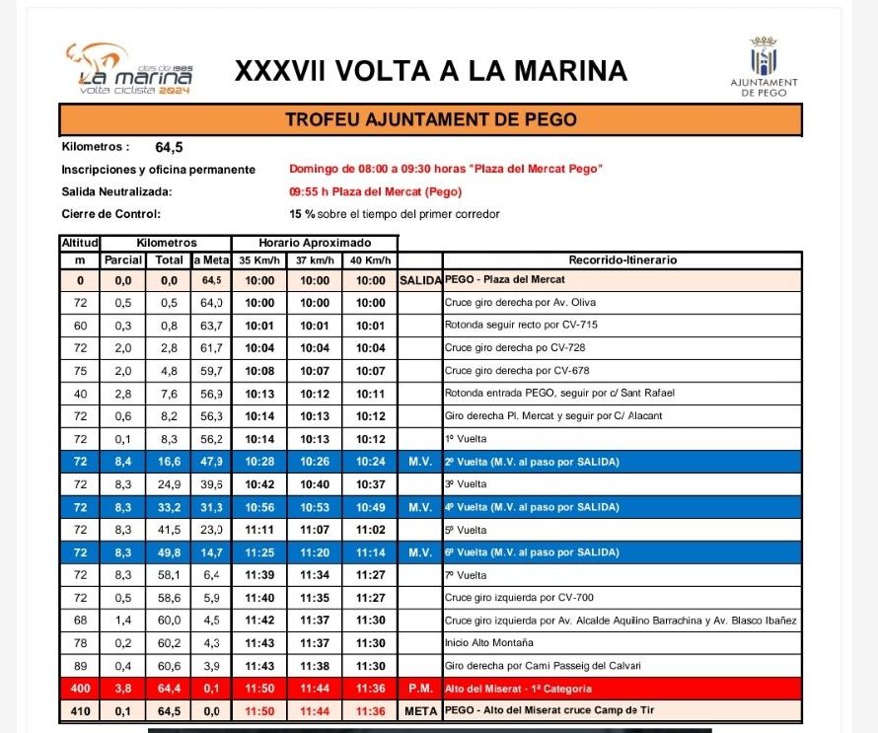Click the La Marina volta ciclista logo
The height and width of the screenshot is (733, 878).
[128, 68]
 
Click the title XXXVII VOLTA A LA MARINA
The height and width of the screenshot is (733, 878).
[430, 71]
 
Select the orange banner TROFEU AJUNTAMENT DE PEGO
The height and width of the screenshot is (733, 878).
[431, 120]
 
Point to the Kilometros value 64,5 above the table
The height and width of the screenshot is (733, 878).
[169, 148]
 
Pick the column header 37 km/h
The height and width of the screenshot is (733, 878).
[314, 261]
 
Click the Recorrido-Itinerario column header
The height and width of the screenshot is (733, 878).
[622, 261]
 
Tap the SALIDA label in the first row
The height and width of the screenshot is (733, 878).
[419, 280]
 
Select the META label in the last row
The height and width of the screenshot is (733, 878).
[419, 710]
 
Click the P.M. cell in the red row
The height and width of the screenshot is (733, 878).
[419, 689]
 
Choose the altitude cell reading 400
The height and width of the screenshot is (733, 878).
[80, 689]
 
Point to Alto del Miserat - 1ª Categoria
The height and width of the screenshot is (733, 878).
[518, 689]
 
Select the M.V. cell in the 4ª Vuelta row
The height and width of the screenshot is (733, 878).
[419, 507]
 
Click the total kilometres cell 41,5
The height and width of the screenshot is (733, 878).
[169, 530]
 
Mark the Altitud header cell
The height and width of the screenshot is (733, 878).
[80, 243]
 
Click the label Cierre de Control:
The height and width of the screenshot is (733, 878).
[110, 213]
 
